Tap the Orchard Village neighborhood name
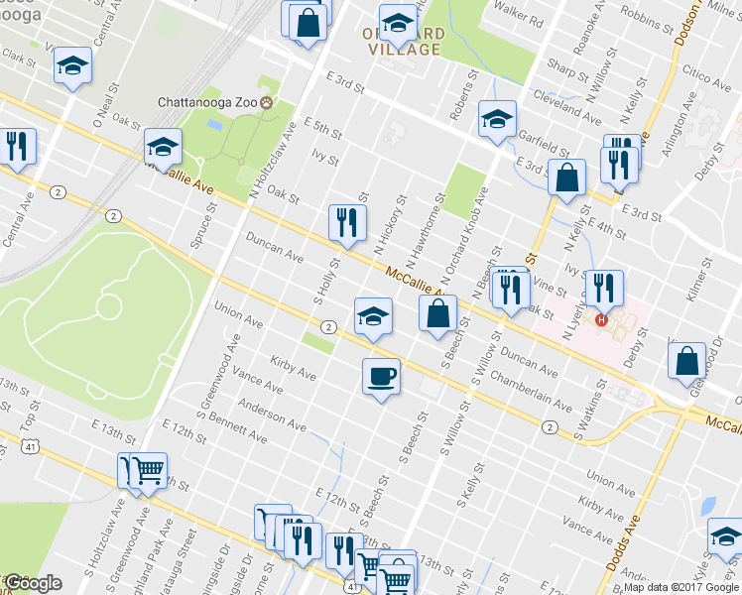tap(396, 41)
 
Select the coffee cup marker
tap(381, 376)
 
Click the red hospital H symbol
tap(600, 318)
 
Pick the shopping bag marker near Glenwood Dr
tap(688, 362)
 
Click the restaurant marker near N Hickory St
tap(347, 222)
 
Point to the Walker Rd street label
tap(522, 20)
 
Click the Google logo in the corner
tap(33, 583)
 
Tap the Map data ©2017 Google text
tap(681, 588)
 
